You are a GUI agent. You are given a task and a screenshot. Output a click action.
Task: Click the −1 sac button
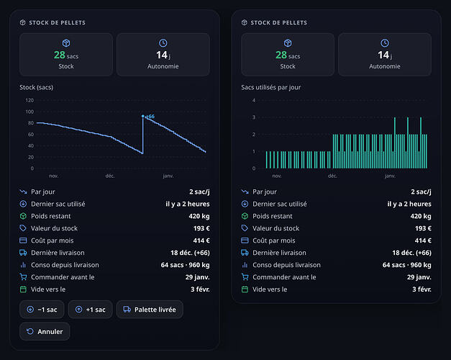[42, 310]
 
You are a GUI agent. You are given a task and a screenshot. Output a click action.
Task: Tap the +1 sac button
[91, 310]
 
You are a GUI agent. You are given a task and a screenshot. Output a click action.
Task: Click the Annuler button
[45, 331]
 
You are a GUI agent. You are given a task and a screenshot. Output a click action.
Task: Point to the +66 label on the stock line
[150, 117]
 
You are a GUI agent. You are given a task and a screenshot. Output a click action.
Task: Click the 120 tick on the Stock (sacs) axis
[29, 100]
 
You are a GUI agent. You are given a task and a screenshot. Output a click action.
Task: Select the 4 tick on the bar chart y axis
[254, 100]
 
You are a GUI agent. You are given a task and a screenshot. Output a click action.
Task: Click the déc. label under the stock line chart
[110, 176]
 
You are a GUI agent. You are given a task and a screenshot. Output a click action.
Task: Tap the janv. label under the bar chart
[390, 176]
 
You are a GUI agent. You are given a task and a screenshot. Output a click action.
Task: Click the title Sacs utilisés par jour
[271, 87]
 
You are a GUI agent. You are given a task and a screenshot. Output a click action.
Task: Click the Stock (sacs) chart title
[36, 87]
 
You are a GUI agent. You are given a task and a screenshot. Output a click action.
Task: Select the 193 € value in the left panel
[201, 228]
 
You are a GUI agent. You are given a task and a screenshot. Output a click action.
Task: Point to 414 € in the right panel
[423, 240]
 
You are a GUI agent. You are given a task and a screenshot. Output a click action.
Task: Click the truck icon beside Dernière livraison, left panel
[23, 253]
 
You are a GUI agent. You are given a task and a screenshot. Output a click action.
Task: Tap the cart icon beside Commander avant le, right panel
[245, 277]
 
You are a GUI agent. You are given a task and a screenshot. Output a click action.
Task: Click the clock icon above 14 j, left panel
[163, 43]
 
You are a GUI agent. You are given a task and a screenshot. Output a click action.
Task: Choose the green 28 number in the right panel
[281, 55]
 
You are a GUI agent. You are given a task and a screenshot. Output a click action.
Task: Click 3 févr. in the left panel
[200, 289]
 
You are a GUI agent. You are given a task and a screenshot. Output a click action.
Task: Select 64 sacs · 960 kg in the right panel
[406, 265]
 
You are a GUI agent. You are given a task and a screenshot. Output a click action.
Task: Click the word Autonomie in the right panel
[385, 66]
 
